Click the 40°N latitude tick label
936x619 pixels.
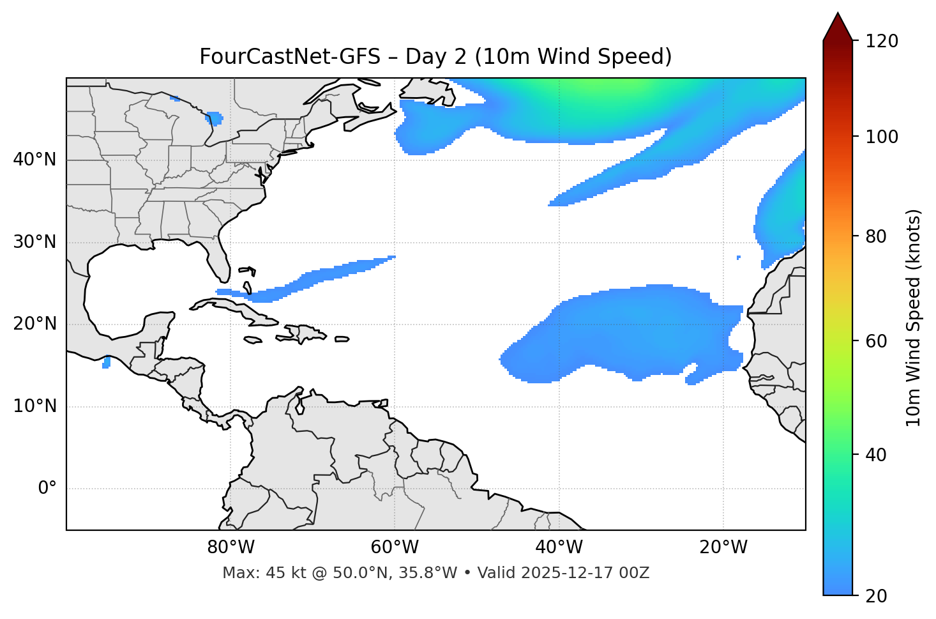click(34, 160)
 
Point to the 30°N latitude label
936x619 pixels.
click(34, 242)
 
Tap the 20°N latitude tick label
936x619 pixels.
click(34, 324)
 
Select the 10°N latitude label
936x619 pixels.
click(34, 406)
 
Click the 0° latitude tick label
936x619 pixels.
click(47, 489)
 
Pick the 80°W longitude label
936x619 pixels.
click(230, 547)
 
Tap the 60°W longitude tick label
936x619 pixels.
click(395, 547)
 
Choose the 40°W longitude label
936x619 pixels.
click(559, 547)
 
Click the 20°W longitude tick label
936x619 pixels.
click(723, 547)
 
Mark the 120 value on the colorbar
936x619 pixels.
click(881, 41)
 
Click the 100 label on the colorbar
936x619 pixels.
click(881, 137)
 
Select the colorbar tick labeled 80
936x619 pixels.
click(877, 236)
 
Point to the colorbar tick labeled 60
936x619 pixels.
click(877, 341)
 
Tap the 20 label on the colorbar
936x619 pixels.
click(877, 596)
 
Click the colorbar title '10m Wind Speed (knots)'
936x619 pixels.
click(914, 317)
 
